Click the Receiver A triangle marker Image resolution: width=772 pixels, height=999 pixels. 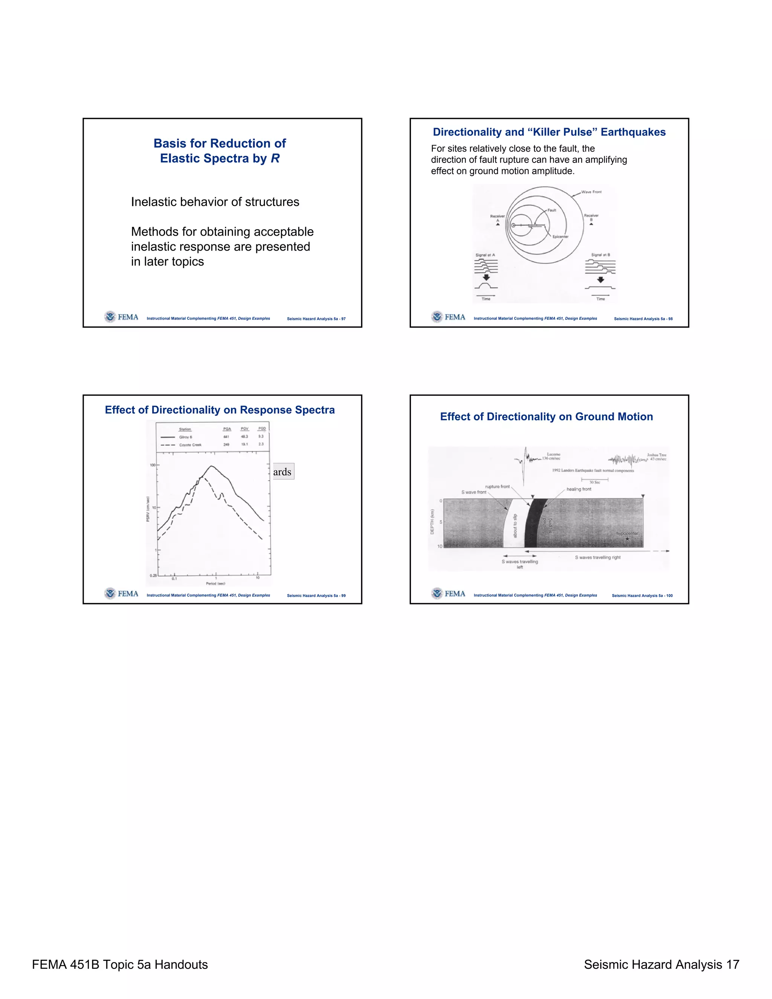pos(498,225)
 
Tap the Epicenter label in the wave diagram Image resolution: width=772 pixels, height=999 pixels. pos(560,236)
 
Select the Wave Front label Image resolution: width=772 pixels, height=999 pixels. pos(591,192)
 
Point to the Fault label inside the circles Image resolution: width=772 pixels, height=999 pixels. pos(552,210)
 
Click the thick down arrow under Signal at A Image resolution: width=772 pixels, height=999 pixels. pos(486,277)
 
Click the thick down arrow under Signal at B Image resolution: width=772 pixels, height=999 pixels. pos(600,279)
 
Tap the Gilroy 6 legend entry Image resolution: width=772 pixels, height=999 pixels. pos(185,437)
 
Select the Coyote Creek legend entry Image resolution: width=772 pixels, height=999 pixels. pos(190,444)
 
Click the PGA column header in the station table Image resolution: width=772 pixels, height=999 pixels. pos(227,429)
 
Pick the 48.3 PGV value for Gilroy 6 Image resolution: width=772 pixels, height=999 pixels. pos(245,437)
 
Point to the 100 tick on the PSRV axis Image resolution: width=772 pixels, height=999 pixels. pos(153,465)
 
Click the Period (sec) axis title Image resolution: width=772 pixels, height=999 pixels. pos(215,584)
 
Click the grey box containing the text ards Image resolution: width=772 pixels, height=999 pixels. pos(282,472)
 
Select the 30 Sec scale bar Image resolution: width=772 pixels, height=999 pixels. pos(594,480)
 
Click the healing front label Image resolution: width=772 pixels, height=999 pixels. pos(579,489)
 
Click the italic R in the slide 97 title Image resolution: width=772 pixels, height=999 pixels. pos(275,158)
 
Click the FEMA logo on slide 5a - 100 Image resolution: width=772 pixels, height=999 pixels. pos(448,593)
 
